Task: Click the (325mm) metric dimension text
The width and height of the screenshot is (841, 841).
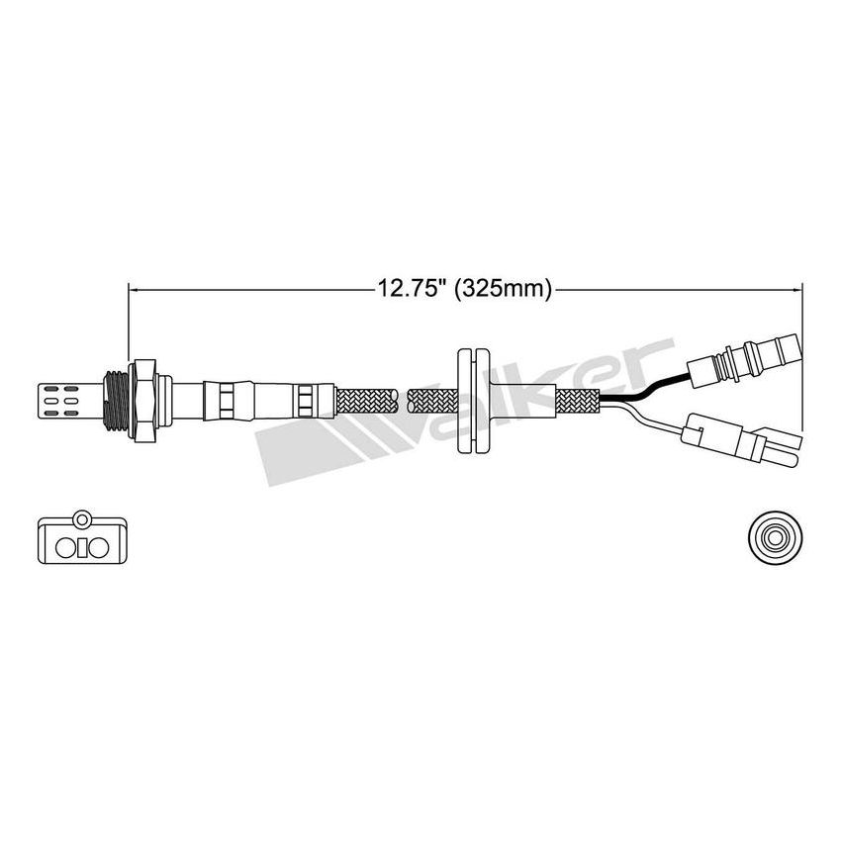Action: click(503, 289)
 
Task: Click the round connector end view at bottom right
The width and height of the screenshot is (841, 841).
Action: click(773, 538)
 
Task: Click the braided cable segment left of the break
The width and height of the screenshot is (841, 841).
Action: click(366, 400)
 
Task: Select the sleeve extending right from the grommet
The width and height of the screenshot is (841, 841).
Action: click(519, 400)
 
